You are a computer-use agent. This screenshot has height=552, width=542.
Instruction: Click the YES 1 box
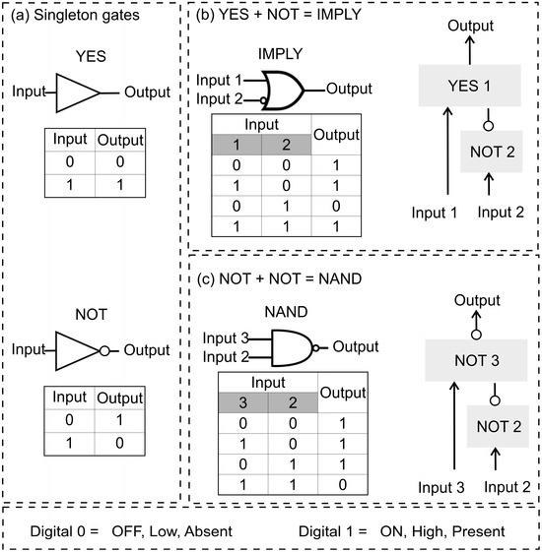tap(469, 86)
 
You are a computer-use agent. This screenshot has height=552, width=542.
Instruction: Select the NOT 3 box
tap(476, 360)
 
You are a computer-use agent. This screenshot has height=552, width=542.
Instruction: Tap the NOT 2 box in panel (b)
tap(491, 152)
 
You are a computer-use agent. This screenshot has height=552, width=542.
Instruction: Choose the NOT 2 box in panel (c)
tap(498, 426)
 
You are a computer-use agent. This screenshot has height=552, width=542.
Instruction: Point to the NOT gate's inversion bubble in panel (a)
tap(104, 350)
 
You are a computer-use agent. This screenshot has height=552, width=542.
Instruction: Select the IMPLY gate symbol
tap(282, 91)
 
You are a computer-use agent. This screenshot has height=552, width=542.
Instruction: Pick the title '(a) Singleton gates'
tap(75, 15)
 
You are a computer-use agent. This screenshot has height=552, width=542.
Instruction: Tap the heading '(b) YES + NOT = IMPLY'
tap(279, 15)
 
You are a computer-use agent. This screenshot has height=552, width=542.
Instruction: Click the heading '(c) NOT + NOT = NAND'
tap(279, 278)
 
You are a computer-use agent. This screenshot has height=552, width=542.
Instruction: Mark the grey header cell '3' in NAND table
tap(243, 402)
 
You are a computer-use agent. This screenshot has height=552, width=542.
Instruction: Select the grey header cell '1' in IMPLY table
tap(237, 145)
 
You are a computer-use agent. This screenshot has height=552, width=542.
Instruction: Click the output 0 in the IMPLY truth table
tap(336, 206)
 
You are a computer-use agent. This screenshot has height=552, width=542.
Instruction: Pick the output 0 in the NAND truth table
tap(342, 485)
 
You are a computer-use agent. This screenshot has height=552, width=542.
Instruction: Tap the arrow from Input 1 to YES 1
tap(447, 151)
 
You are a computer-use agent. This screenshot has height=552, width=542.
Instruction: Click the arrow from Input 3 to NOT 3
tap(454, 426)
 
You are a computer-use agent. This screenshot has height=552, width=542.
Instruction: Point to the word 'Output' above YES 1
tap(470, 26)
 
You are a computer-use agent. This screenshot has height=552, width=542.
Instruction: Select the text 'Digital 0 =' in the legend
tap(64, 531)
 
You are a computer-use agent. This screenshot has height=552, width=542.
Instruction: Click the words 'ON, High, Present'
tap(442, 531)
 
